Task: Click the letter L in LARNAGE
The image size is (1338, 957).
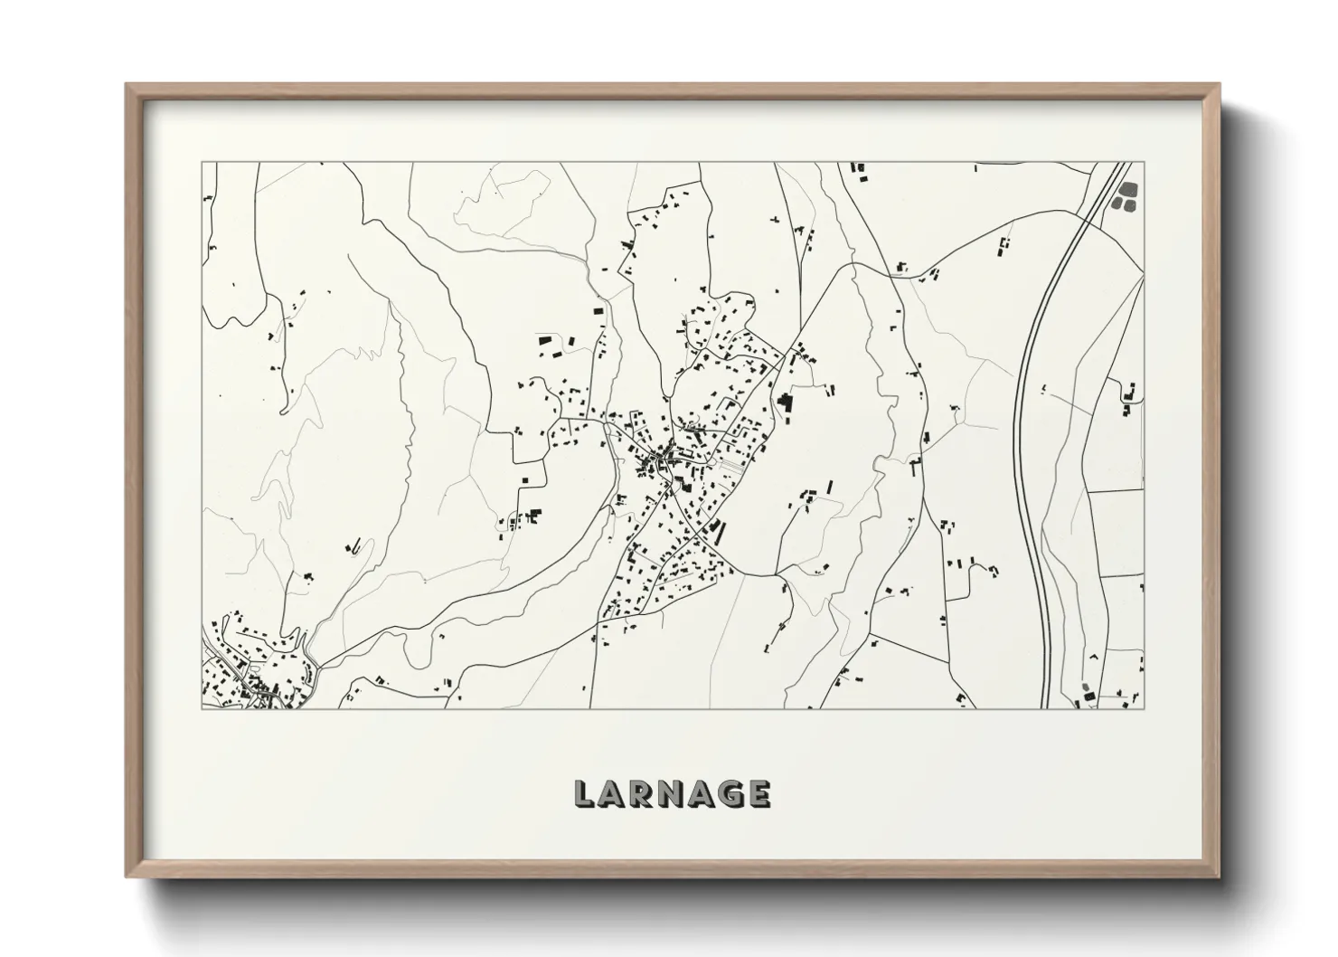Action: (x=584, y=793)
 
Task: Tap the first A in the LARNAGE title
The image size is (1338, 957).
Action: (x=611, y=793)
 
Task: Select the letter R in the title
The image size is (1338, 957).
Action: (x=641, y=793)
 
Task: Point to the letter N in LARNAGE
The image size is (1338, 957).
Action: (x=671, y=793)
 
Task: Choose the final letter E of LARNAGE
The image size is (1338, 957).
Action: (x=759, y=793)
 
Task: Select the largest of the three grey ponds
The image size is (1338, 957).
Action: (x=1128, y=190)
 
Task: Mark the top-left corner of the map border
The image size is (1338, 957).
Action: (x=202, y=163)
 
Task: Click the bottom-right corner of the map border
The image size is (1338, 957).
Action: (x=1145, y=708)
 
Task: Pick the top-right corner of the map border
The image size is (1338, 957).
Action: (x=1145, y=163)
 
